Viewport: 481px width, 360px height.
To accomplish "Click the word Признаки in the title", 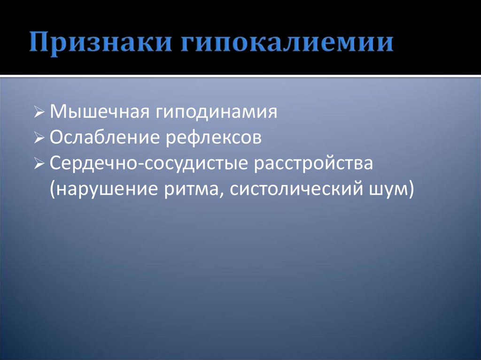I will (98, 43).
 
